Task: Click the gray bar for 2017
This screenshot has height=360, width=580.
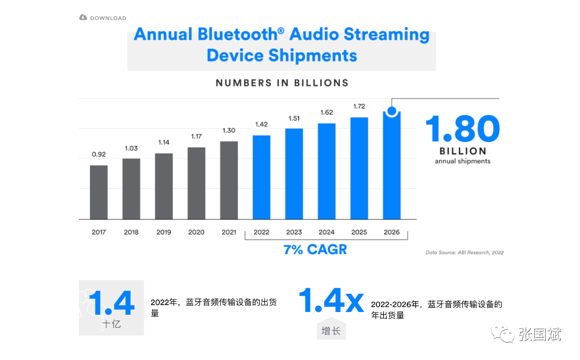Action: (x=99, y=192)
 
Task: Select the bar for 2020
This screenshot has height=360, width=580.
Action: (x=196, y=183)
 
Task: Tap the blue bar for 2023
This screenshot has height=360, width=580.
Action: (x=294, y=174)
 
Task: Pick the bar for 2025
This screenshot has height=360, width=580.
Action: (x=359, y=168)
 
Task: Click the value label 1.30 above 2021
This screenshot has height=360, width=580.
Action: (x=229, y=130)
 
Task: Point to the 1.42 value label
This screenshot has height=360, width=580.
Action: (x=261, y=124)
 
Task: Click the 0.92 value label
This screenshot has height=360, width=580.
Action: (x=99, y=154)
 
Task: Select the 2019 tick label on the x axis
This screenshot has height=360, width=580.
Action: (x=164, y=232)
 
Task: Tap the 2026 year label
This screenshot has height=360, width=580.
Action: (x=391, y=232)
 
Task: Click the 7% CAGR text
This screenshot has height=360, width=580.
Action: (x=315, y=249)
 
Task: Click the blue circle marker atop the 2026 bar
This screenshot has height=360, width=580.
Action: (x=392, y=110)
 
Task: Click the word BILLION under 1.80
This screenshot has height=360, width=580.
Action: (x=463, y=151)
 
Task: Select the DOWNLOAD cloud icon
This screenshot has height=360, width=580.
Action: (x=83, y=18)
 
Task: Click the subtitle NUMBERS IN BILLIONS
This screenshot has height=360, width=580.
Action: (x=282, y=83)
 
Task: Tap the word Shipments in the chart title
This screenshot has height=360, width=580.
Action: (x=313, y=56)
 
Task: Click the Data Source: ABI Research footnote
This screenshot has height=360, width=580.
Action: (x=464, y=253)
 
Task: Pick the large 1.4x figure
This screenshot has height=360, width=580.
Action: (x=331, y=300)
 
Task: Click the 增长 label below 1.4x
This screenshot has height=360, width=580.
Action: (x=331, y=331)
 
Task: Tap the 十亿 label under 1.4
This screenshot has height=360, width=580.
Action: (x=111, y=324)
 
